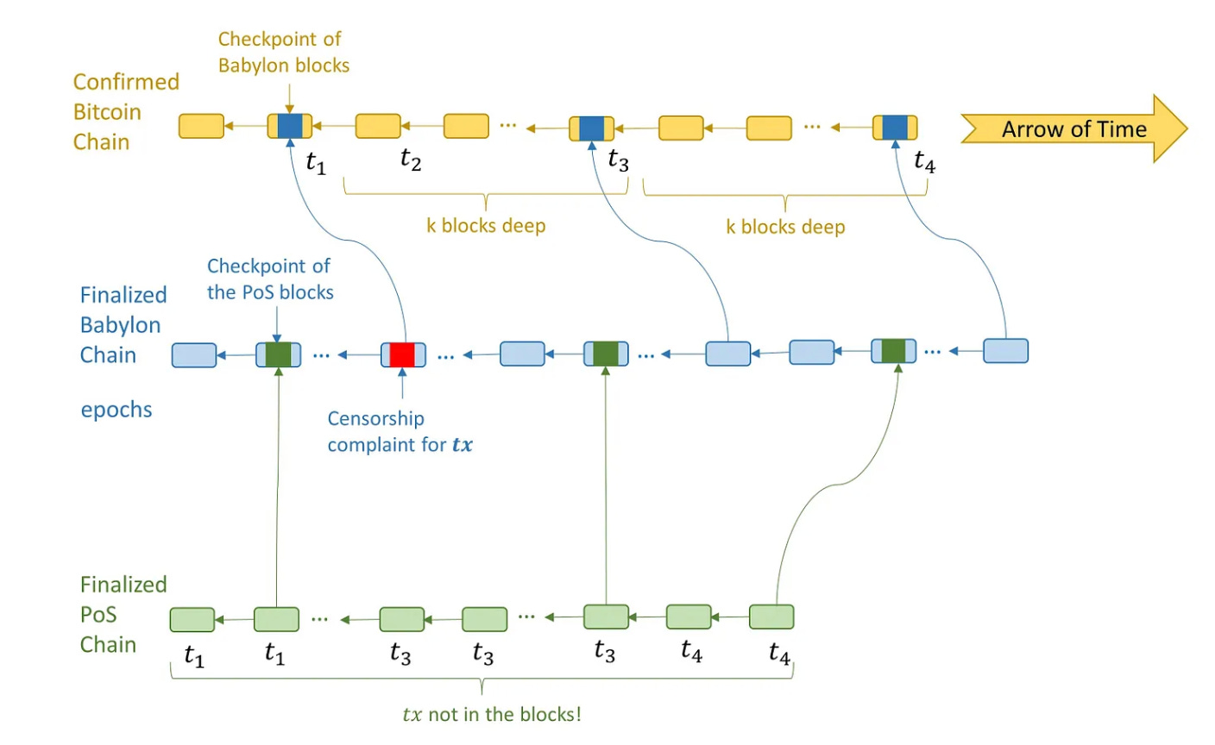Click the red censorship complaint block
(403, 355)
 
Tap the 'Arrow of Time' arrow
(1074, 129)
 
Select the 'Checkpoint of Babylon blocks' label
(283, 52)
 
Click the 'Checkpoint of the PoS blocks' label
(270, 279)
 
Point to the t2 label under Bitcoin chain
(411, 160)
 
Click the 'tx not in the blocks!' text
(492, 714)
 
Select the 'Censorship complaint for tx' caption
(400, 431)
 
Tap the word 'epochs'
(116, 410)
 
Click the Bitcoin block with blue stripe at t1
(290, 126)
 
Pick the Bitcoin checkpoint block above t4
(895, 128)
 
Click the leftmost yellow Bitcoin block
(201, 126)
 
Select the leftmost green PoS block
(192, 620)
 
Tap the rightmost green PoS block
(771, 617)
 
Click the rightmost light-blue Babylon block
(1005, 351)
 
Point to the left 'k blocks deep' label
(486, 225)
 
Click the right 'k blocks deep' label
(785, 227)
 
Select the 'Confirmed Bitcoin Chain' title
(126, 111)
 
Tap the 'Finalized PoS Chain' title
(123, 615)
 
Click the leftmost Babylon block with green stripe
(278, 354)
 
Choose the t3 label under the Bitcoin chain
(618, 160)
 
